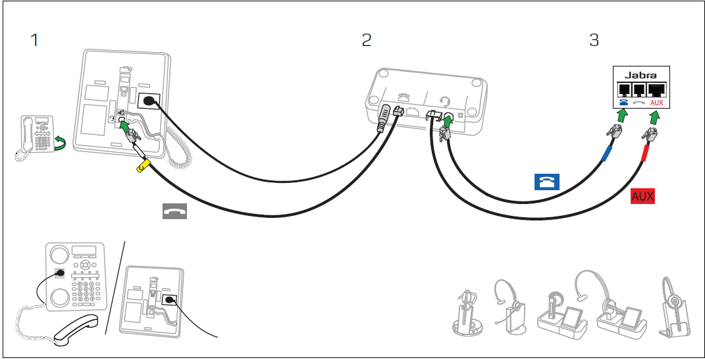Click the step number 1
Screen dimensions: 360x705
pos(34,40)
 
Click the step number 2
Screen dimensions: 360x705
pos(367,40)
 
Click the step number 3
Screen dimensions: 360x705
pos(594,40)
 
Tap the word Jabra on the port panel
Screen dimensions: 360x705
pos(640,75)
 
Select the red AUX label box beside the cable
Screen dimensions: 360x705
pos(643,196)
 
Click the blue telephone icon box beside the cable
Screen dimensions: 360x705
pos(546,182)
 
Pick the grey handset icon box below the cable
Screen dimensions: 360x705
pos(175,211)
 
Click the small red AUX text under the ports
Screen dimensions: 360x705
pos(656,104)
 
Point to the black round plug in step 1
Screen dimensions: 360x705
pos(150,101)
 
